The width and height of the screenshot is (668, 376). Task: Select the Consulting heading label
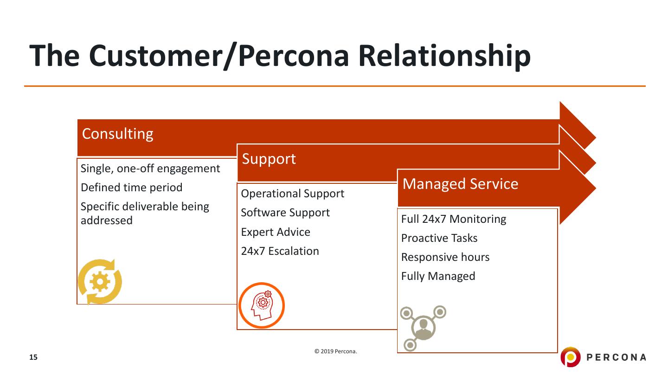tap(117, 134)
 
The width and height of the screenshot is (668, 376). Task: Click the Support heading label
tap(269, 159)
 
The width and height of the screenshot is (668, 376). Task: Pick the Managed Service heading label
tap(460, 184)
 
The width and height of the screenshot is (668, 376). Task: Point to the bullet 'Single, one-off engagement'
tap(150, 169)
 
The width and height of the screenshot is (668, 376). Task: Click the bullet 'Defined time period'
tap(131, 188)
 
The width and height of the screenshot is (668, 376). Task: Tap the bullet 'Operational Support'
tap(292, 194)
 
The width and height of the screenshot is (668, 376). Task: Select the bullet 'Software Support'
tap(285, 213)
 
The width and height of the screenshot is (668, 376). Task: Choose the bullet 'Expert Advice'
tap(276, 232)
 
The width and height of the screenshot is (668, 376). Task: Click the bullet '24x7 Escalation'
tap(280, 251)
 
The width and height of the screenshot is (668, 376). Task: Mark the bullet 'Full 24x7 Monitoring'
tap(453, 219)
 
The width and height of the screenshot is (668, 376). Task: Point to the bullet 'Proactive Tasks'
tap(439, 238)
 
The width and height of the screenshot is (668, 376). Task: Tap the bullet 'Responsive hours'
tap(445, 257)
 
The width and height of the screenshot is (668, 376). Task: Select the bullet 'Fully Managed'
tap(438, 276)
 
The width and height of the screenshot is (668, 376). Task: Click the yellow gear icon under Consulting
tap(100, 282)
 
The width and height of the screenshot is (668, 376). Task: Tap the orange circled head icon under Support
tap(262, 305)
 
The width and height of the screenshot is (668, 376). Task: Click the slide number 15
tap(33, 357)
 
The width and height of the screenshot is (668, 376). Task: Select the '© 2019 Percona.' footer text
tap(336, 351)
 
